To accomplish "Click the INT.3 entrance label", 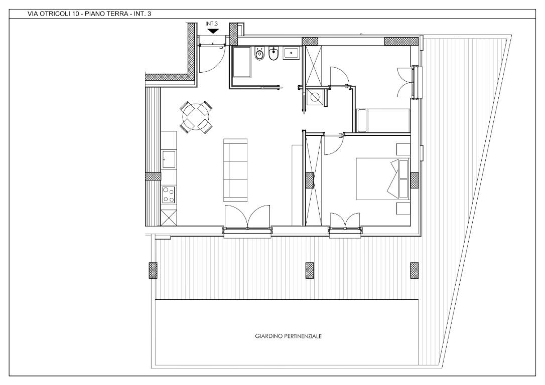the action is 211,24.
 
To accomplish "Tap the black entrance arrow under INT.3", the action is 212,31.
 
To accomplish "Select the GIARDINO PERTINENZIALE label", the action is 288,336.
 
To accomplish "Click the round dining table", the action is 196,117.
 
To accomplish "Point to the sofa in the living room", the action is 235,170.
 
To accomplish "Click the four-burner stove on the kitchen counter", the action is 169,195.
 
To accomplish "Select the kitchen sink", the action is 169,159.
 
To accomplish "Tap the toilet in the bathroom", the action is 259,54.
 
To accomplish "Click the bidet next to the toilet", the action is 274,54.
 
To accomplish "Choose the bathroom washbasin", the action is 291,53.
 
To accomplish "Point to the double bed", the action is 383,179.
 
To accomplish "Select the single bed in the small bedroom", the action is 383,120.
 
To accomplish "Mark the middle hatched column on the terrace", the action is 309,270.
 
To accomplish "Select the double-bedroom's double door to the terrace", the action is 345,221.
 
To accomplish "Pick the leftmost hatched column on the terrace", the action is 153,270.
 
